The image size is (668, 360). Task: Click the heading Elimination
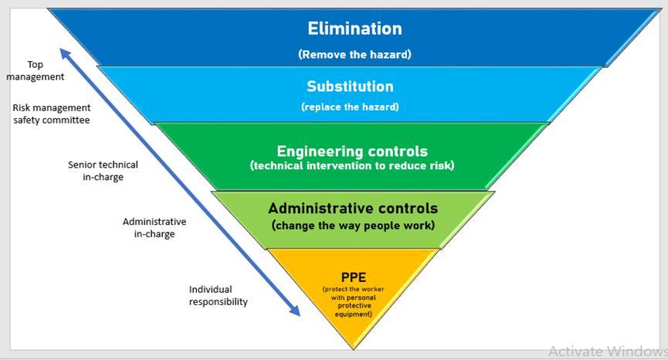[x=354, y=29]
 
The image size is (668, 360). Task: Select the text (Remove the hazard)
[x=354, y=55]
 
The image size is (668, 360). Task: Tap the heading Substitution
[x=350, y=87]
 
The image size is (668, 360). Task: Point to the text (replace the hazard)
[x=350, y=107]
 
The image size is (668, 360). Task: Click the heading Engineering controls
[x=352, y=151]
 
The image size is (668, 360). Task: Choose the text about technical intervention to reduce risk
[x=352, y=166]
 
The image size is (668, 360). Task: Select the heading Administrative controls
[x=353, y=209]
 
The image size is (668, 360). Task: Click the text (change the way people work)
[x=353, y=226]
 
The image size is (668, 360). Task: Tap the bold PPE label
[x=353, y=277]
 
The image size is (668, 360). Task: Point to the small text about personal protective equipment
[x=353, y=301]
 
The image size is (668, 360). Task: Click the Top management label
[x=35, y=71]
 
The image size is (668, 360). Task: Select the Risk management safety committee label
[x=51, y=114]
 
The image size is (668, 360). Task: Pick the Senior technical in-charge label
[x=103, y=171]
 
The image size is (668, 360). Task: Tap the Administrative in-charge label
[x=154, y=227]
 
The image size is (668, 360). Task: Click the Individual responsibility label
[x=219, y=295]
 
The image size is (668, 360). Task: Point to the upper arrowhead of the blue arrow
[x=65, y=53]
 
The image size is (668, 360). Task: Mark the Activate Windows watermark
[x=607, y=351]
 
